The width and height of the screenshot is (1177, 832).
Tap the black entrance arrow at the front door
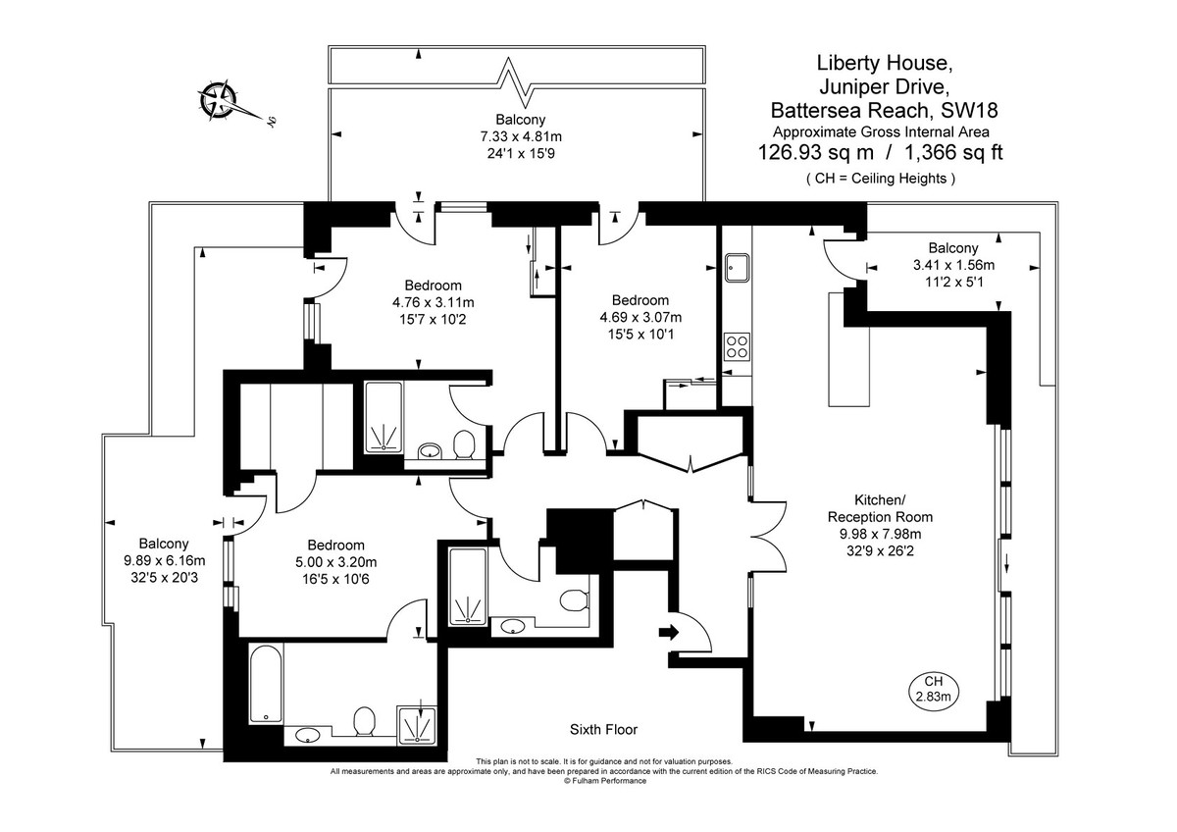pos(669,633)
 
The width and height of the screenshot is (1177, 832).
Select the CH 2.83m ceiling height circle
pos(933,689)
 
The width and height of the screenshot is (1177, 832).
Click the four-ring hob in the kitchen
pos(737,346)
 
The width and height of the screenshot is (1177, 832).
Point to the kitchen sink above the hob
pos(737,266)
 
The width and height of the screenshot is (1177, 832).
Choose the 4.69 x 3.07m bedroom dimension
pos(640,317)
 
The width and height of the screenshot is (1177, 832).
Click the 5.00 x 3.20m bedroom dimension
pos(335,562)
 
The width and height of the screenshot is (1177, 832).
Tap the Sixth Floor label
pos(603,729)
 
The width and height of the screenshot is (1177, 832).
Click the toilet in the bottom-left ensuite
pos(364,722)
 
